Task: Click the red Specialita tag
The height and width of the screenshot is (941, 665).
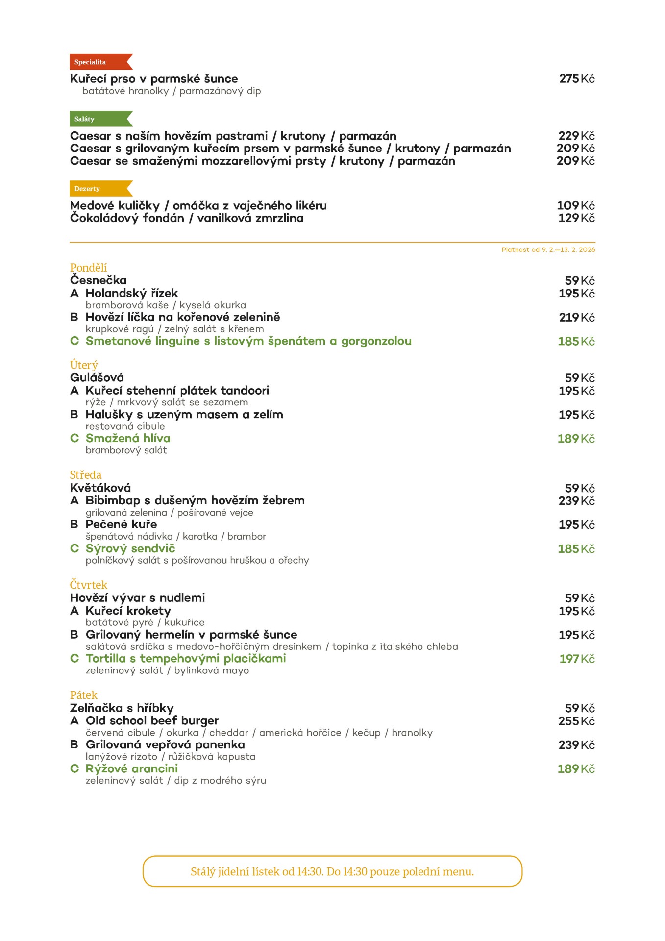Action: click(x=98, y=62)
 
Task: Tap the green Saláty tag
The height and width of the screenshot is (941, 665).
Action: click(x=98, y=119)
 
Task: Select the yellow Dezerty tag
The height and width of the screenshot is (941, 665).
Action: click(x=98, y=188)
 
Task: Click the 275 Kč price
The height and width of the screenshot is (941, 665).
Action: click(x=577, y=79)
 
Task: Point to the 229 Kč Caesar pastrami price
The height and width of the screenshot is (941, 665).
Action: click(x=576, y=136)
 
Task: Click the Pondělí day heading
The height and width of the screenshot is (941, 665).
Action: click(x=88, y=268)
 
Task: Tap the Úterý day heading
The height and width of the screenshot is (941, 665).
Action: click(x=84, y=365)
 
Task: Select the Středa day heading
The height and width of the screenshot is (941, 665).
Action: click(x=86, y=475)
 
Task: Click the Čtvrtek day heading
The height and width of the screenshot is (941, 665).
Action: click(x=88, y=585)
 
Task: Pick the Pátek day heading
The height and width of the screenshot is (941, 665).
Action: click(x=84, y=695)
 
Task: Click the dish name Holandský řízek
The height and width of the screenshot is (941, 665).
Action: click(x=131, y=293)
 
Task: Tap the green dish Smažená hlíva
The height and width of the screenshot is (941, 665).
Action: click(x=128, y=438)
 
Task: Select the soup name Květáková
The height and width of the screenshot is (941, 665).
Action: click(x=100, y=488)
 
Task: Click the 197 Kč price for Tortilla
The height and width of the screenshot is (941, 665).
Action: click(x=577, y=659)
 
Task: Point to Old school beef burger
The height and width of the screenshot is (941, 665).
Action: click(x=152, y=720)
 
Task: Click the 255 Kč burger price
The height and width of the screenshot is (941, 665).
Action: click(x=576, y=721)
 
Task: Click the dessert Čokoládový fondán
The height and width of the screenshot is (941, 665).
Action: click(x=127, y=218)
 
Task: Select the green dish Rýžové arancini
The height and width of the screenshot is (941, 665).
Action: click(x=131, y=768)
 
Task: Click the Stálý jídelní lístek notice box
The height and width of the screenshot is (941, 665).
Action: click(x=332, y=871)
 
